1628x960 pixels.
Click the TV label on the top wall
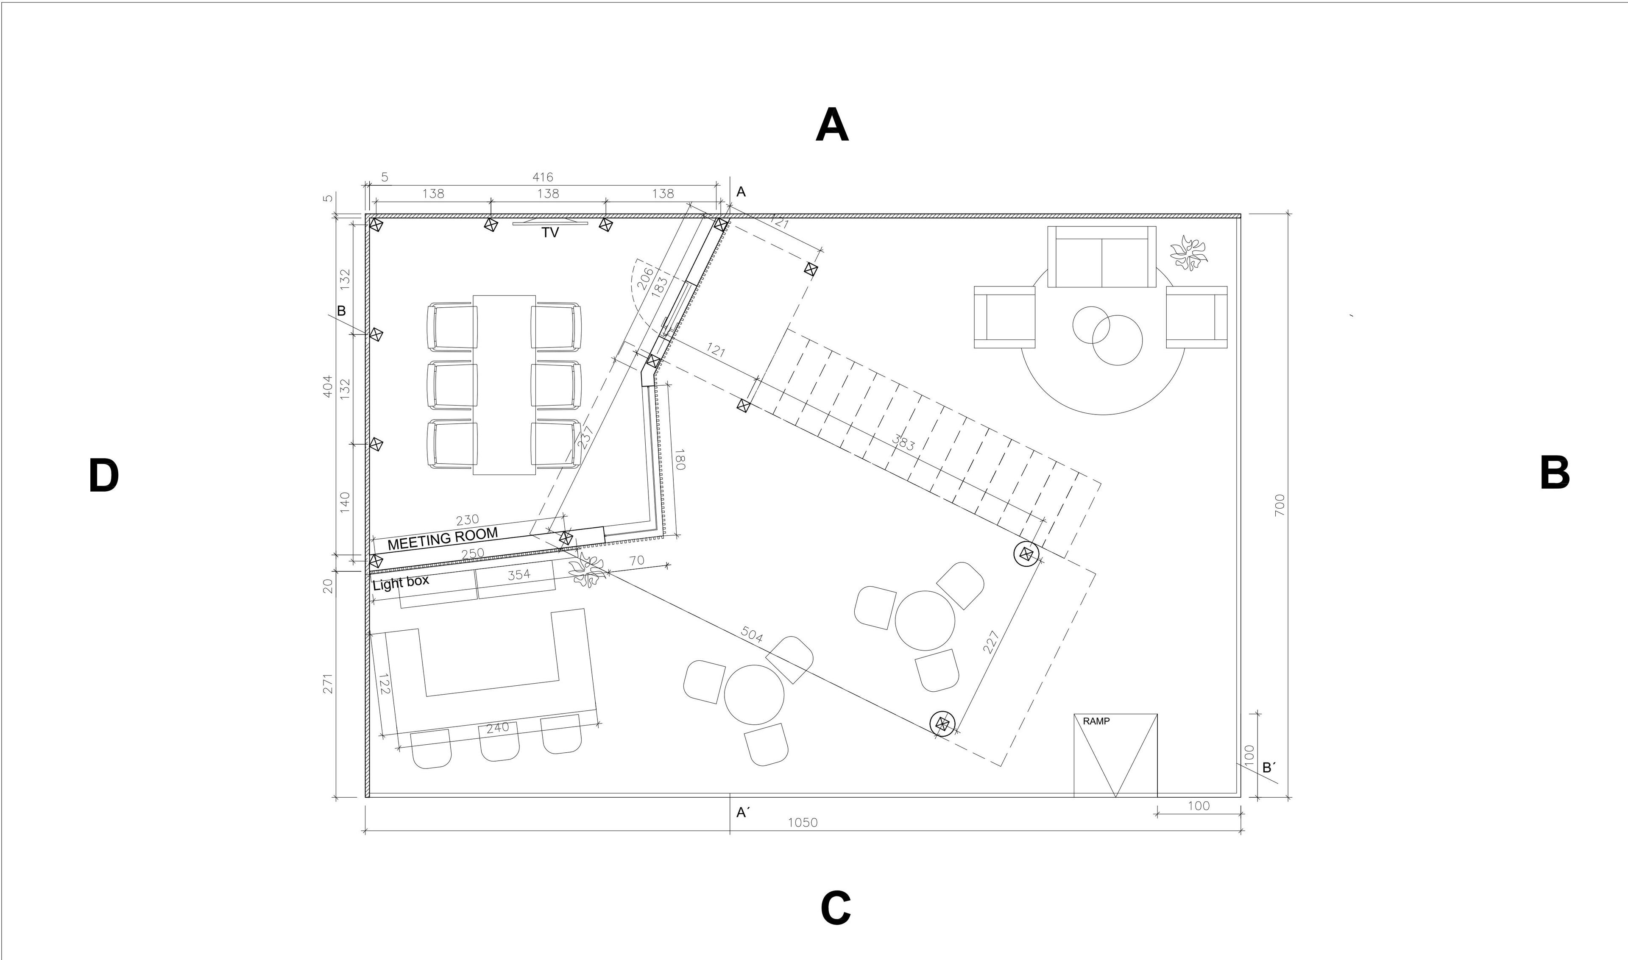point(550,233)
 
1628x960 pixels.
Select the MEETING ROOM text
point(443,538)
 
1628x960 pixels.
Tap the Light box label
point(401,583)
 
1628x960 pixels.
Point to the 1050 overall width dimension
point(803,823)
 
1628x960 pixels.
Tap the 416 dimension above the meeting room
point(543,177)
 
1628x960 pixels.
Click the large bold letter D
point(103,476)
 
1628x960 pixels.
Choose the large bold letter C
point(835,908)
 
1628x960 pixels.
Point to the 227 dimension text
point(991,642)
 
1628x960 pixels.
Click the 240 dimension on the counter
point(498,727)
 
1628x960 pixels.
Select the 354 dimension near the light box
point(519,574)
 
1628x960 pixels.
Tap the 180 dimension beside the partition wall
point(679,460)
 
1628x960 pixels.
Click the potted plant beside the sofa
point(1189,252)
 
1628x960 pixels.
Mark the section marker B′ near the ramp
point(1269,768)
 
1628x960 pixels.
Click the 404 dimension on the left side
point(327,386)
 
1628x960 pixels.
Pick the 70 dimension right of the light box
point(637,560)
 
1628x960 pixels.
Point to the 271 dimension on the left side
point(327,684)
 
